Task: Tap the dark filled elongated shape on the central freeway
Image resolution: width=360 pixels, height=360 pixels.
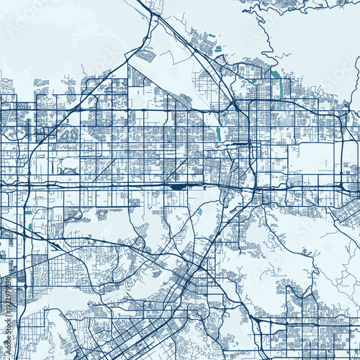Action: [176, 186]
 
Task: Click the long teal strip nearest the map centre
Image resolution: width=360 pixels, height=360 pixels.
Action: [218, 133]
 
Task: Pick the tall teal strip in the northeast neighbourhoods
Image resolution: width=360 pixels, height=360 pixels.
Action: [281, 88]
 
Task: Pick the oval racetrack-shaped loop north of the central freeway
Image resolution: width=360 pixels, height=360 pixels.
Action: [69, 171]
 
